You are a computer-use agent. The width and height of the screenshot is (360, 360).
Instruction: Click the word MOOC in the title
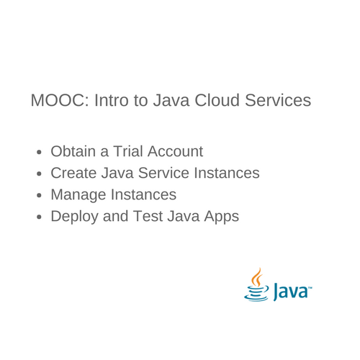(x=57, y=100)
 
